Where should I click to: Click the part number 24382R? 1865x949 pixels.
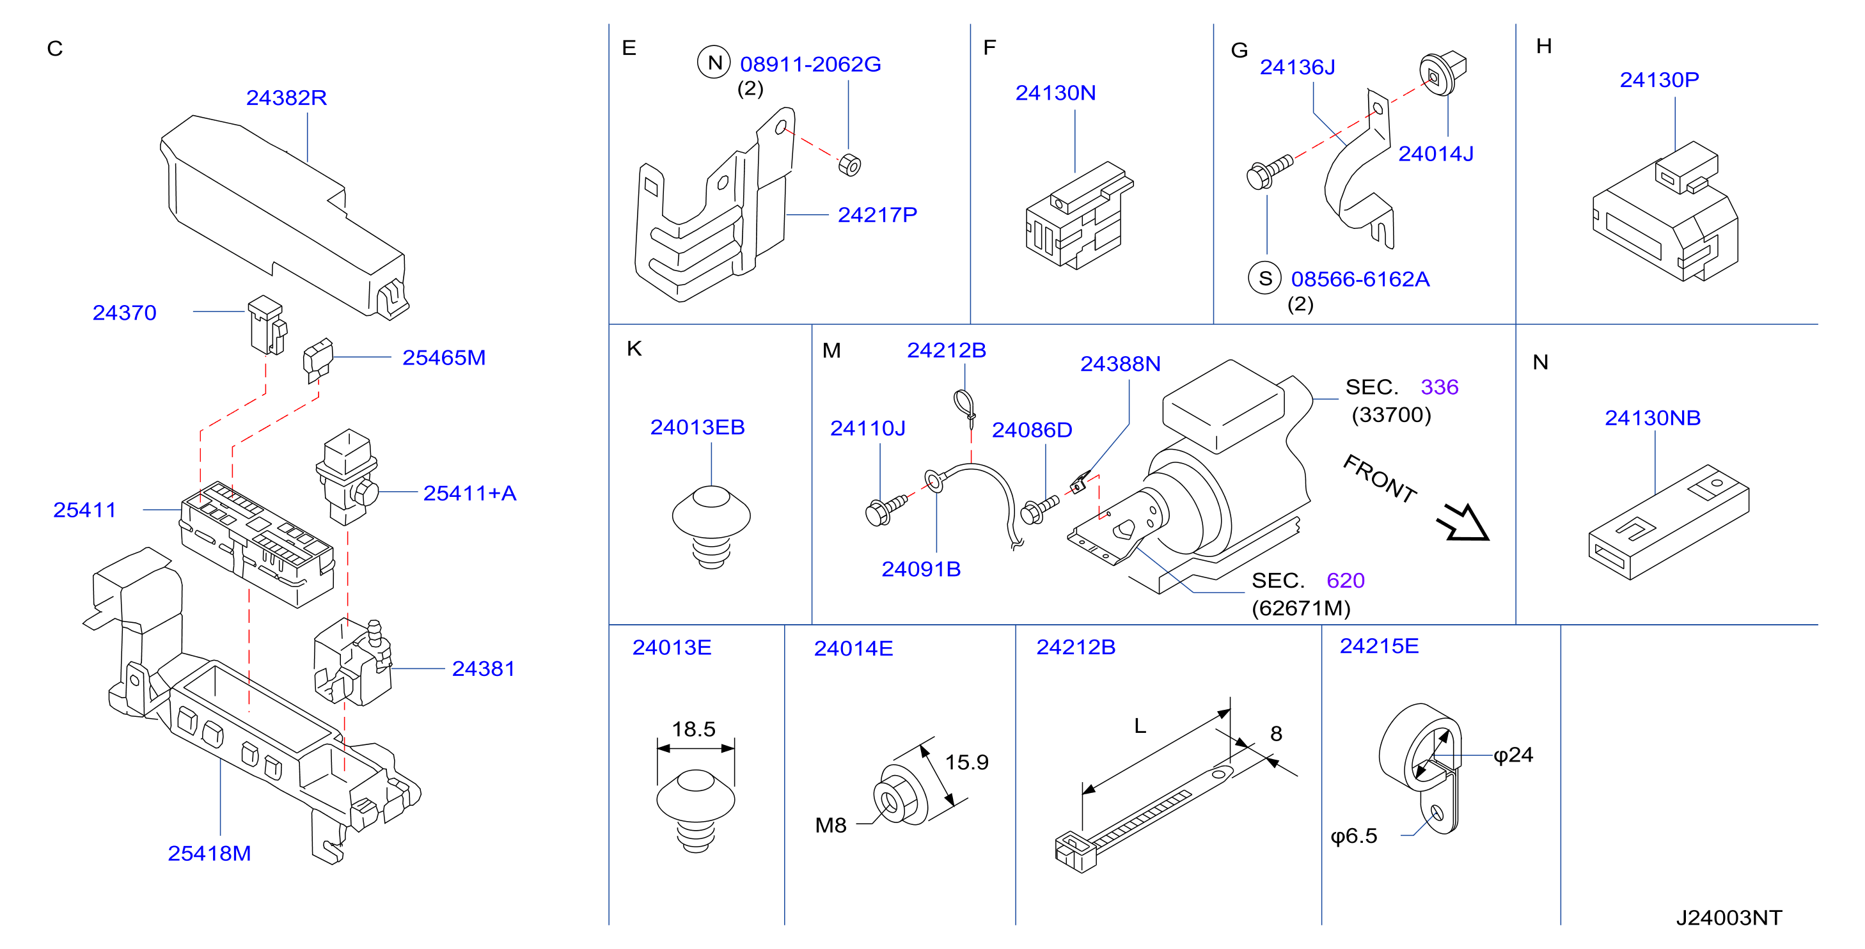287,97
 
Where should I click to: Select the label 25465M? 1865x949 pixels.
444,357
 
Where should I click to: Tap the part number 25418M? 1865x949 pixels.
209,854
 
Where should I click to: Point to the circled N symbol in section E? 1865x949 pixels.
714,62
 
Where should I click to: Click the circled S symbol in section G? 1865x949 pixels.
1265,278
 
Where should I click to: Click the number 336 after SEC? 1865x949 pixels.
1439,388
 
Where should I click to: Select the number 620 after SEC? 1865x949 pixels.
1345,581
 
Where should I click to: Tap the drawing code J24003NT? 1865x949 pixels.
1729,918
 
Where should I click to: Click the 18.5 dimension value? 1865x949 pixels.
693,729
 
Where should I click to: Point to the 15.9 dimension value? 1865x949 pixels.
966,762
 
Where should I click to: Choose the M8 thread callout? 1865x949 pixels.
830,825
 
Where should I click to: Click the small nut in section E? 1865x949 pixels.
849,165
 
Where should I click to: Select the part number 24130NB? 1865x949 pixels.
1653,418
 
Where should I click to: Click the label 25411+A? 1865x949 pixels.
470,493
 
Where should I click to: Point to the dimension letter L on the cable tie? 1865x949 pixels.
1140,726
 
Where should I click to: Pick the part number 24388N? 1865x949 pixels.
1120,363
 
